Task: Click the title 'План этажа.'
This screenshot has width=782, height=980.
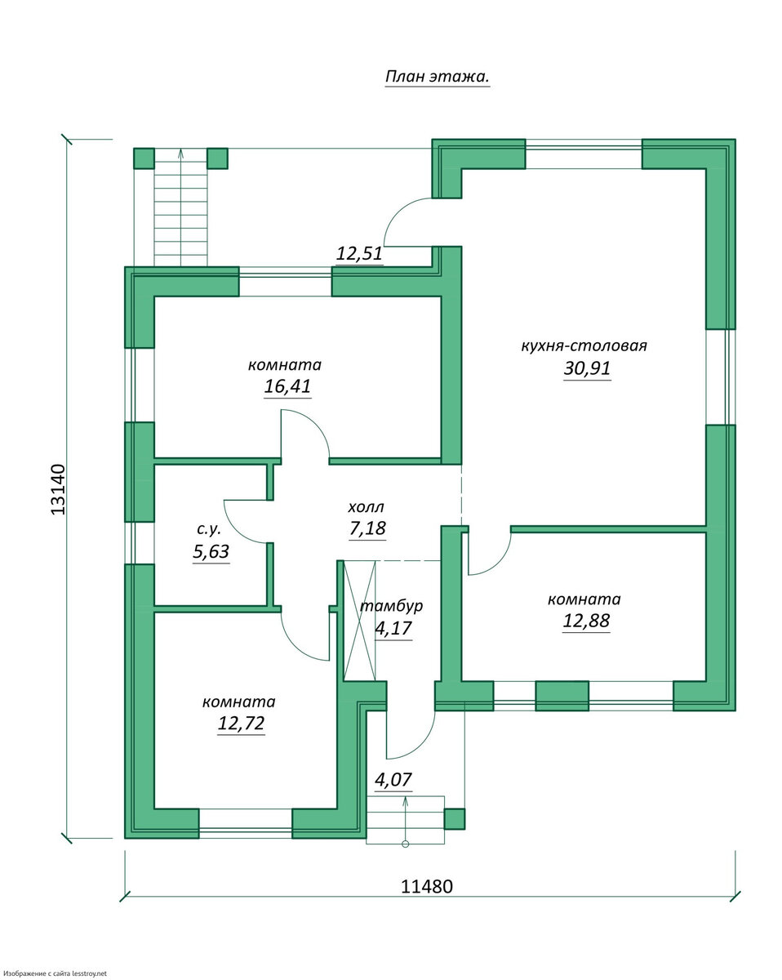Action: click(437, 77)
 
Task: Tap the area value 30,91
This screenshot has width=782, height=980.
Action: click(587, 368)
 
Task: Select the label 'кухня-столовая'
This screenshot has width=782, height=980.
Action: click(584, 345)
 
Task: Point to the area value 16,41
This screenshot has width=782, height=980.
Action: click(287, 386)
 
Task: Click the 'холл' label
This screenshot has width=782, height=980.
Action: click(366, 506)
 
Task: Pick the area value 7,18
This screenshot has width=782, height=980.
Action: click(367, 528)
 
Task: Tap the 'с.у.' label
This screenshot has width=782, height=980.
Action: click(209, 529)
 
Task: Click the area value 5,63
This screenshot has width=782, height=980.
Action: click(211, 551)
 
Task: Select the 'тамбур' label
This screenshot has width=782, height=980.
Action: click(392, 606)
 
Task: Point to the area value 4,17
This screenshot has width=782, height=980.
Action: click(393, 629)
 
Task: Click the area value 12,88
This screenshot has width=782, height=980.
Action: click(586, 621)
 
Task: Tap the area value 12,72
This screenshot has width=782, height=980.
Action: click(241, 724)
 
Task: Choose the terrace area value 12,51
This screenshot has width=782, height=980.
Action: click(359, 254)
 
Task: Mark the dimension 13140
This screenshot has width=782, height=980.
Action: click(58, 489)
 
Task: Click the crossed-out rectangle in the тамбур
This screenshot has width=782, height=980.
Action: click(360, 621)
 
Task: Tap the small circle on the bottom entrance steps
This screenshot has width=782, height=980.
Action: click(405, 844)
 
